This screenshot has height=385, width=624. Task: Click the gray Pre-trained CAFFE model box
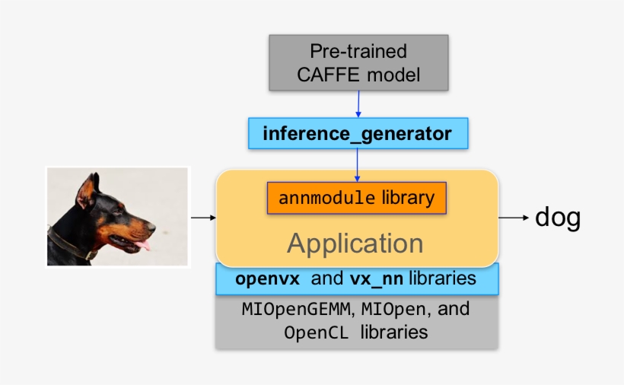[x=358, y=62]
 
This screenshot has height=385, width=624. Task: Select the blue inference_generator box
[x=357, y=134]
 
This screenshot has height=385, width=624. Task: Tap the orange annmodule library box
[x=356, y=199]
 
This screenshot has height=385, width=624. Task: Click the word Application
[x=355, y=243]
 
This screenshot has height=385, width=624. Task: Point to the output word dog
[x=558, y=218]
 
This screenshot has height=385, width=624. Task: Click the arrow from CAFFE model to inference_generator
[x=358, y=103]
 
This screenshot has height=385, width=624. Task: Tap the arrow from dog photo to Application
[x=202, y=218]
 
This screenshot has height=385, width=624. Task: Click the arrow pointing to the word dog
[x=514, y=218]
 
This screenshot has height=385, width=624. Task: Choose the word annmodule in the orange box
[x=326, y=199]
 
